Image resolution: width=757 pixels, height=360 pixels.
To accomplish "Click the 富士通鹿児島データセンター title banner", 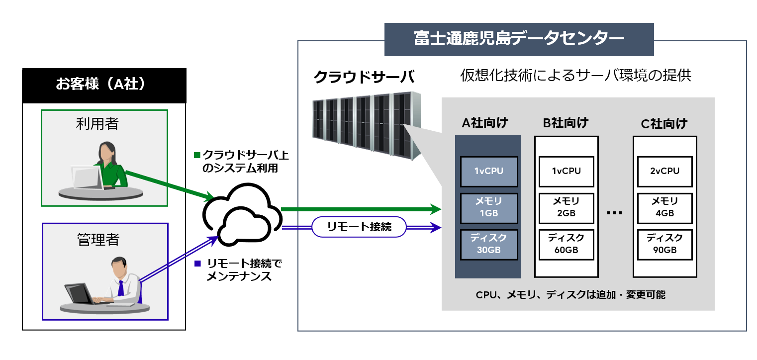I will tap(519, 39).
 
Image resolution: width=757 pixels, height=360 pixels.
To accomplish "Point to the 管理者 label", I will tap(98, 240).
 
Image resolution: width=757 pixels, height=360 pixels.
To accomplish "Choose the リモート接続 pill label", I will tap(359, 227).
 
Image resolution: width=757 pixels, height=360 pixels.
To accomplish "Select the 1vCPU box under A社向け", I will tap(489, 172).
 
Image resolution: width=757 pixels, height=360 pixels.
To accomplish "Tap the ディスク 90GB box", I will tap(664, 244).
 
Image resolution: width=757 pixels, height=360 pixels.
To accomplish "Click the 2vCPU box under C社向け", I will tap(664, 172).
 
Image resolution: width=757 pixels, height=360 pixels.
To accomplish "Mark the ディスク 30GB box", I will tap(489, 244).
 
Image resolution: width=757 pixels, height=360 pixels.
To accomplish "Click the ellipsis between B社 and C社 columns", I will tap(615, 212).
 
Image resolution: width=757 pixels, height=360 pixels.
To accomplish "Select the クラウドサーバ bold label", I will tap(364, 77).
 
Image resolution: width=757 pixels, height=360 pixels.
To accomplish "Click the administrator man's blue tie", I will tap(120, 289).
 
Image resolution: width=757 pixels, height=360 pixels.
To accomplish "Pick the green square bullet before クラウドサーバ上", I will tap(196, 155).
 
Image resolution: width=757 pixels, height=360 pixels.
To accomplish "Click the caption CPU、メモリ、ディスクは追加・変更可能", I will tap(570, 295).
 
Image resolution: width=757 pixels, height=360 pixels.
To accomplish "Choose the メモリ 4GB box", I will tap(664, 207).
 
